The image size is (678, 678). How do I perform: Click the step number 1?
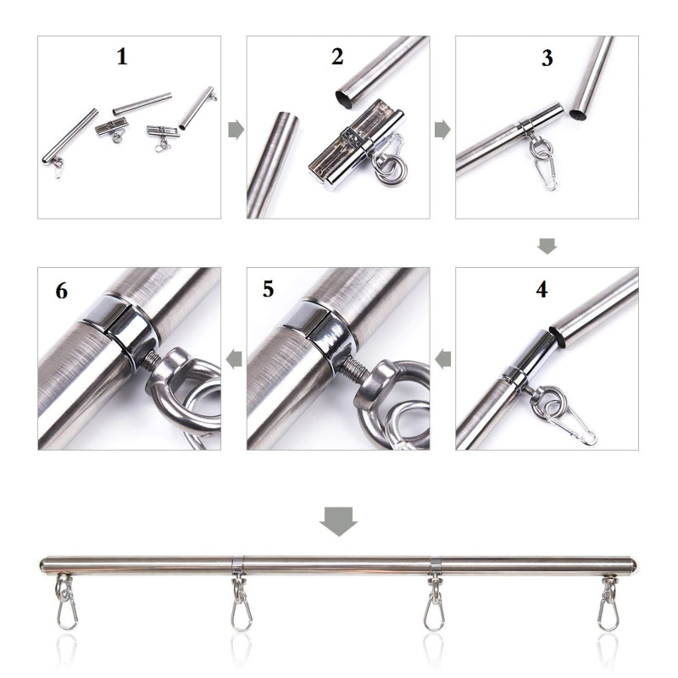point(122,57)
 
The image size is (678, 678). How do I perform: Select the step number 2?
point(337,57)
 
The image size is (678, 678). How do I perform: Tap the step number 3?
point(547,58)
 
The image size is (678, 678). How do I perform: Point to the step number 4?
point(542,289)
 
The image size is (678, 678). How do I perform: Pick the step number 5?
point(268,289)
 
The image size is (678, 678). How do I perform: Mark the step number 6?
point(61,291)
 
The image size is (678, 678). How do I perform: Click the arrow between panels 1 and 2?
point(236,131)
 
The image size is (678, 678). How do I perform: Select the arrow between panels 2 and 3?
point(442,131)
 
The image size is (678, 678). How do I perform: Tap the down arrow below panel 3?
point(547,246)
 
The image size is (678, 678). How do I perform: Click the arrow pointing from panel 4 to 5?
point(442,358)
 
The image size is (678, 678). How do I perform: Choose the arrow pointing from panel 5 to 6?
point(234,358)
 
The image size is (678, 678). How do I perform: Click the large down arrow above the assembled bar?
point(338,521)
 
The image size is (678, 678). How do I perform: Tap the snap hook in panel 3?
point(546,175)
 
